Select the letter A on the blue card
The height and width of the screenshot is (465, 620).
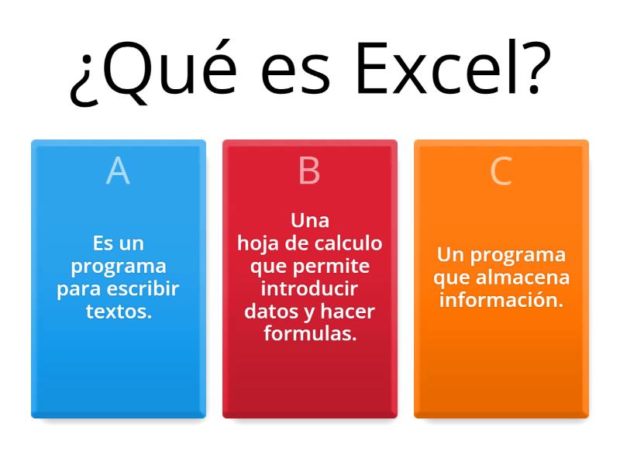(x=118, y=171)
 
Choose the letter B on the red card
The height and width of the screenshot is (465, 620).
(x=309, y=171)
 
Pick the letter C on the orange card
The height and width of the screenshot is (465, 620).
(x=501, y=171)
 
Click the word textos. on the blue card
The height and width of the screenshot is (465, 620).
(x=119, y=312)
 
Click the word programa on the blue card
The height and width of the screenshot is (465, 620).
(x=119, y=267)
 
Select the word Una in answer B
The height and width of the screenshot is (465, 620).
(x=310, y=221)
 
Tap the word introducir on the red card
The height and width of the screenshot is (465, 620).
(x=309, y=289)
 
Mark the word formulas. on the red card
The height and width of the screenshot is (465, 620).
(x=310, y=334)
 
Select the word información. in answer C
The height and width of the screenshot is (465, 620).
(x=501, y=300)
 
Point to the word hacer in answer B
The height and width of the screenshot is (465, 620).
(x=347, y=312)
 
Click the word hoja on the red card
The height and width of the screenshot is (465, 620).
(x=257, y=243)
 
